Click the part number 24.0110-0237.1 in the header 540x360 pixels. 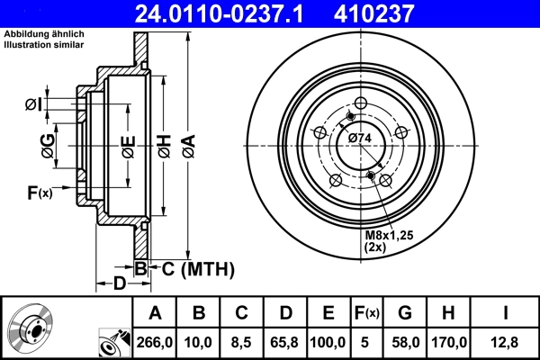click(232, 13)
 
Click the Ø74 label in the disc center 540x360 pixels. click(360, 138)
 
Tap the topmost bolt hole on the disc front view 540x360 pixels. click(360, 103)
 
